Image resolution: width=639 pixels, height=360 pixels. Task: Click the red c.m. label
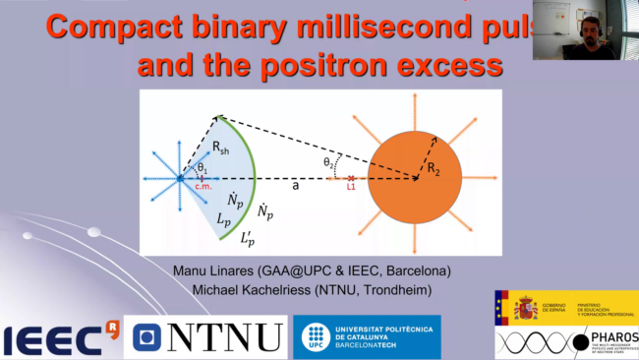205,187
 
